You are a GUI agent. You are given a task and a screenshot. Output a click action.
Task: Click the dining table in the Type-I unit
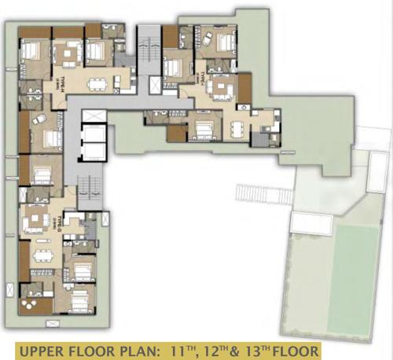pyautogui.click(x=238, y=125)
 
